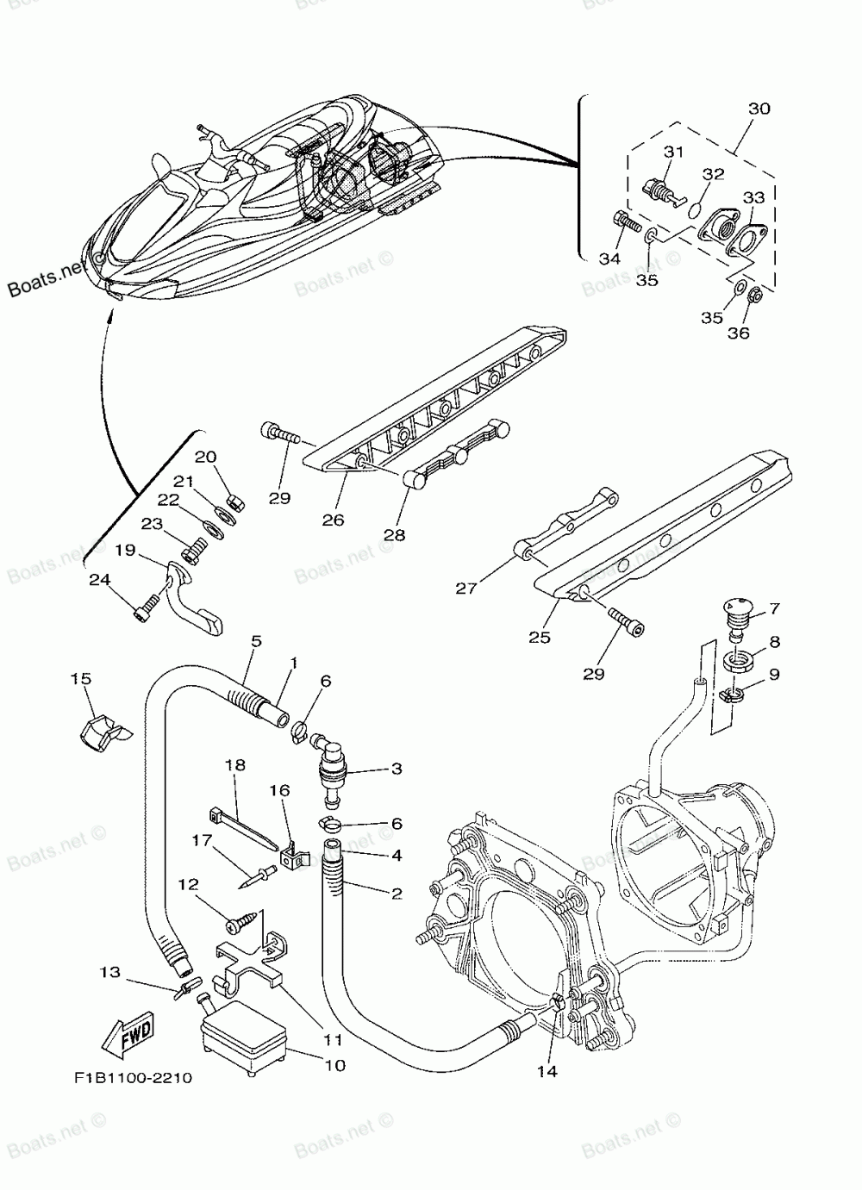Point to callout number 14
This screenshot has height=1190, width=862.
point(547,1071)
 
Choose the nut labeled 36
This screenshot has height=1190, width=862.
point(753,296)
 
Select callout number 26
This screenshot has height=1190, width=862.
point(333,520)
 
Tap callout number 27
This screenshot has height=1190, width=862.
point(467,589)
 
